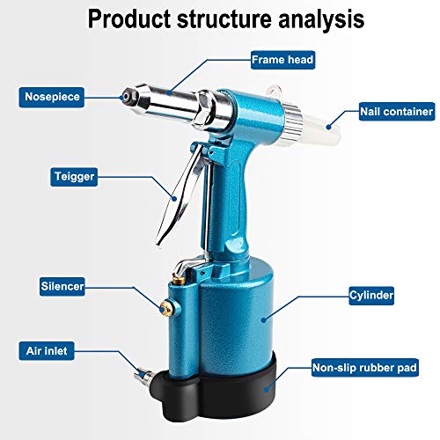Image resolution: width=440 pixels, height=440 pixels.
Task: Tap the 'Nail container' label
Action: [x=396, y=112]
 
